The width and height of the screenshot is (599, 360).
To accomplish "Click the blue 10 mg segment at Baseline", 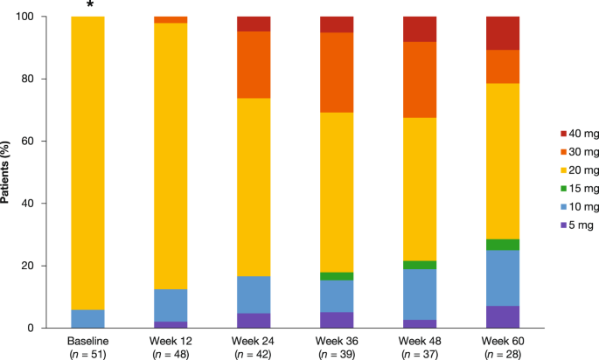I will (88, 318).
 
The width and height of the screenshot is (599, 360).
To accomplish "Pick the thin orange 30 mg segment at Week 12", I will (171, 19).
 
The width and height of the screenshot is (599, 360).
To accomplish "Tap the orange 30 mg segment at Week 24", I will (253, 65).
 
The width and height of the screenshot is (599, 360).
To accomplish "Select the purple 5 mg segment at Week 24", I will (253, 320).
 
